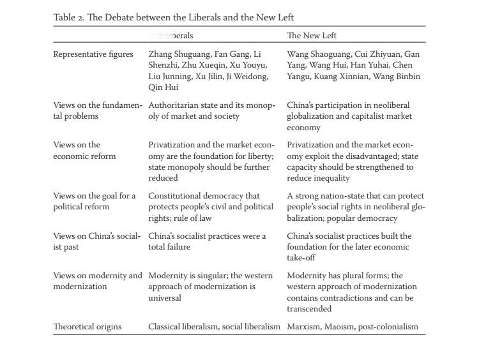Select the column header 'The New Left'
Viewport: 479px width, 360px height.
[x=312, y=36]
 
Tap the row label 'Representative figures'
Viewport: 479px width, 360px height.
[x=93, y=54]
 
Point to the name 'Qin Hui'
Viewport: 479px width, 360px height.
[x=163, y=87]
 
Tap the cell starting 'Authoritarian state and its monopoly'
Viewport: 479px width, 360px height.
[x=211, y=110]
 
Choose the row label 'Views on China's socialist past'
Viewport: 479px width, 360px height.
[x=96, y=241]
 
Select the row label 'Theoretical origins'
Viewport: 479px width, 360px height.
[x=87, y=327]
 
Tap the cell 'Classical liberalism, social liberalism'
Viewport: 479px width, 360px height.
[x=214, y=327]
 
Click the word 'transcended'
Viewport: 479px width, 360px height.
[x=309, y=309]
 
